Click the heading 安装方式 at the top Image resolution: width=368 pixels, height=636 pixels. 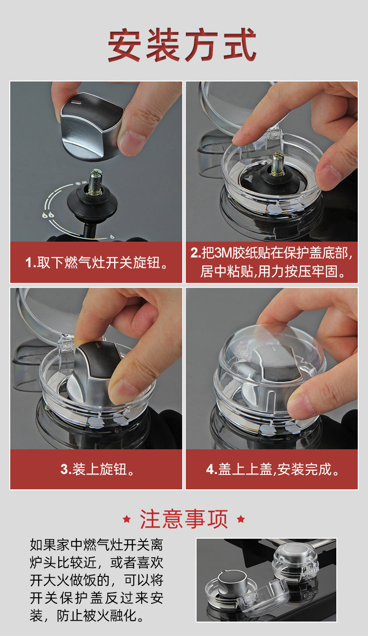[x=182, y=45]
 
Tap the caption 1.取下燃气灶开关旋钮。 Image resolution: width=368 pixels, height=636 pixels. [x=96, y=262]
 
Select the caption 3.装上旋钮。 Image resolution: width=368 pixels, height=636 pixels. [x=97, y=469]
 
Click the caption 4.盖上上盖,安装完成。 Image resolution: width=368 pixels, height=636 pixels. [x=272, y=469]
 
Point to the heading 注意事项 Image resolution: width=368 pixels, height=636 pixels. [x=184, y=519]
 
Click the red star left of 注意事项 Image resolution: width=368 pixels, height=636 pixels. [x=127, y=519]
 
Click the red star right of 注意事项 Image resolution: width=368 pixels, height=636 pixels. [x=241, y=519]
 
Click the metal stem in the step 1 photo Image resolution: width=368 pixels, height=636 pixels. [x=95, y=182]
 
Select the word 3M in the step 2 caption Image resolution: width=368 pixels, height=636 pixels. [x=223, y=253]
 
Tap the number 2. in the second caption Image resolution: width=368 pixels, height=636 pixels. [x=196, y=253]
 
